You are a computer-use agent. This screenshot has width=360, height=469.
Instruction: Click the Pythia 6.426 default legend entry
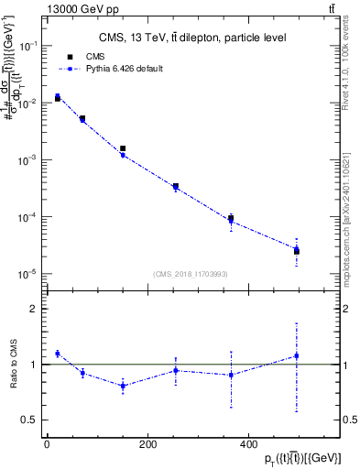point(117,69)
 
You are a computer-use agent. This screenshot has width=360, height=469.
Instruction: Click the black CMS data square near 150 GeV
point(123,148)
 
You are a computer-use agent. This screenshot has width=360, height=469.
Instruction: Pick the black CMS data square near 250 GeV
point(175,187)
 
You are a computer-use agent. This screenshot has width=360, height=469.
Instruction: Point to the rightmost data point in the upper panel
point(297,250)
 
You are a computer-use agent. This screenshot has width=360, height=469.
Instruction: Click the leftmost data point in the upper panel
point(58,98)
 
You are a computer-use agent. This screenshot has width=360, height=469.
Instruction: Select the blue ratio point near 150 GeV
point(123,386)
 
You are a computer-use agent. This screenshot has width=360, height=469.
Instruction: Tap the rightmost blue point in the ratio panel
point(297,355)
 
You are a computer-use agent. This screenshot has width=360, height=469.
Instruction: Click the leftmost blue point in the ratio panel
point(58,354)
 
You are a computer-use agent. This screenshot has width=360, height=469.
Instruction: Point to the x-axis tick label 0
point(47,444)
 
